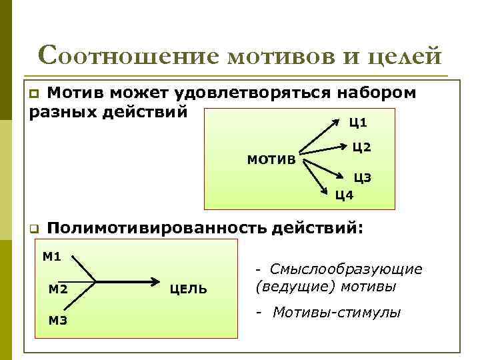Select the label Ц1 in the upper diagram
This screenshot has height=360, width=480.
pyautogui.click(x=358, y=123)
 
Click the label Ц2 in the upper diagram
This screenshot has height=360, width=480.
pyautogui.click(x=361, y=147)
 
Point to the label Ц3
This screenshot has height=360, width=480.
pyautogui.click(x=362, y=177)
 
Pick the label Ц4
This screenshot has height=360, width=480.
pyautogui.click(x=344, y=195)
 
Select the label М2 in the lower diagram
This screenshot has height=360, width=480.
pyautogui.click(x=59, y=289)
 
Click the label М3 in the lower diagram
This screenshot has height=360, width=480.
pyautogui.click(x=58, y=321)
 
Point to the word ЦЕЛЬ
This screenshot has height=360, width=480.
pyautogui.click(x=189, y=289)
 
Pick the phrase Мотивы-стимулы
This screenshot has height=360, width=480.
pyautogui.click(x=336, y=312)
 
